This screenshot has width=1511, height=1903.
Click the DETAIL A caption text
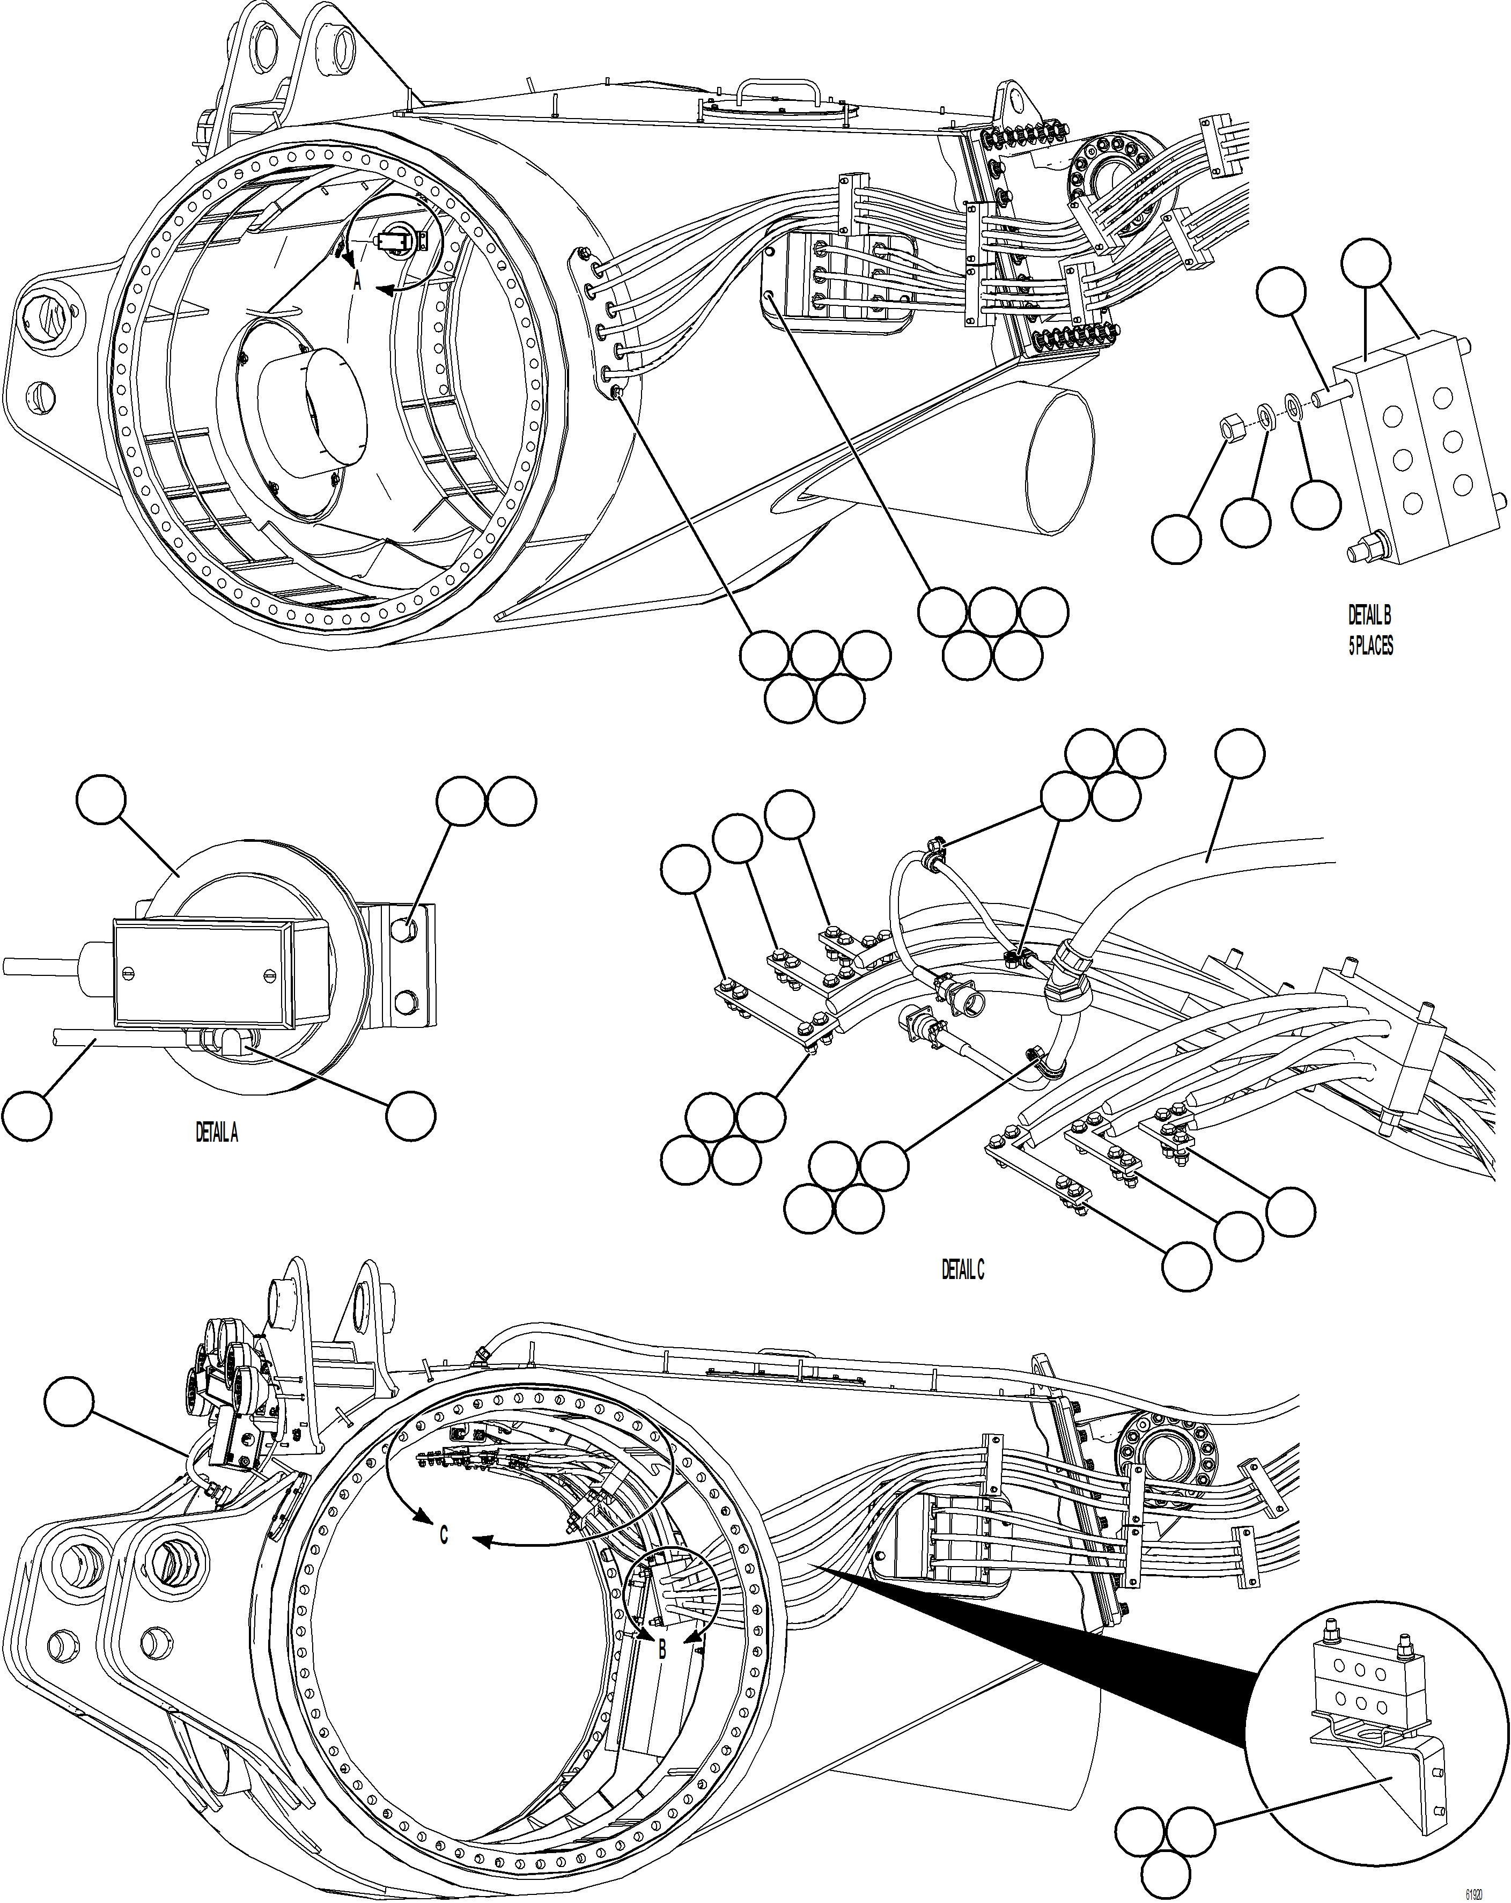point(216,1133)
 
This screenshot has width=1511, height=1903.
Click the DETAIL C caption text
point(962,1269)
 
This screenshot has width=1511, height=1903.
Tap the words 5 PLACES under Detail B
point(1370,645)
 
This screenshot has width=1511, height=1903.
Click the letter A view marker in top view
point(357,282)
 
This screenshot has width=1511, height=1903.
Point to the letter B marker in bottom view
point(662,1648)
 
